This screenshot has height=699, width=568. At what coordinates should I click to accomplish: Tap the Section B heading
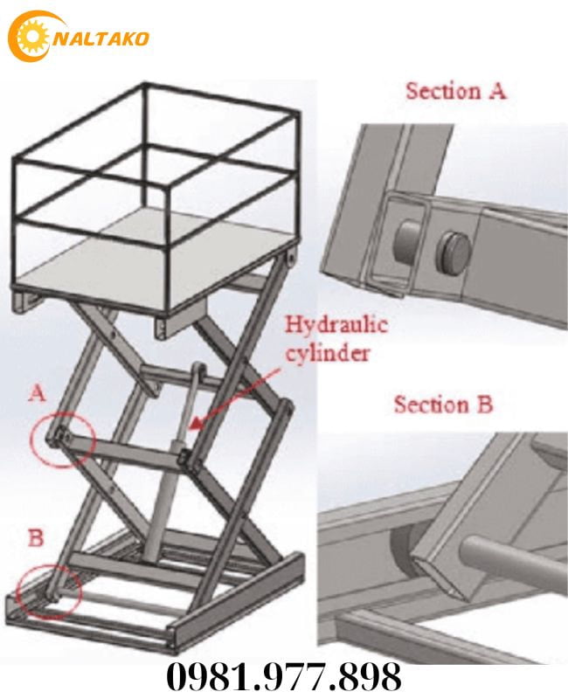pos(443,405)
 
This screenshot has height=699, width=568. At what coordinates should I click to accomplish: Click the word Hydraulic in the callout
pos(336,326)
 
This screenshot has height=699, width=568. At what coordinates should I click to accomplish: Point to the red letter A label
pos(37,394)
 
